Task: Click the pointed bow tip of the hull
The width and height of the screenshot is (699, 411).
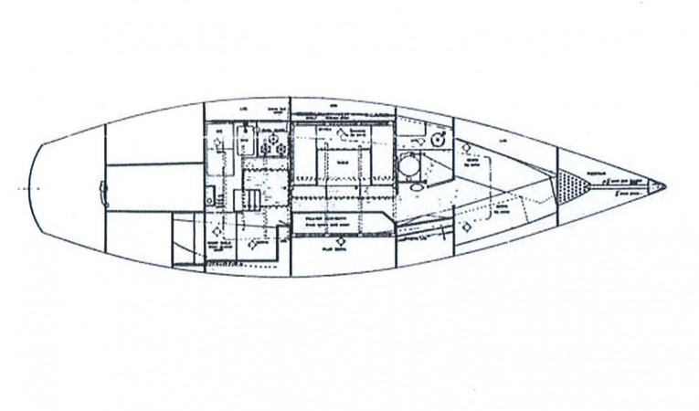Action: (664, 186)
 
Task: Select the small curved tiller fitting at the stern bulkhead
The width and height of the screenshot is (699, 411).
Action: (103, 190)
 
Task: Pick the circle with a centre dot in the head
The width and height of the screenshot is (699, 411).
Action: (438, 140)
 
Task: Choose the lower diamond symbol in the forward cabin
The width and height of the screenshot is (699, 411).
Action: (467, 224)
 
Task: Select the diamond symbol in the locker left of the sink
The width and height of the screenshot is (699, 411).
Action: (217, 142)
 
